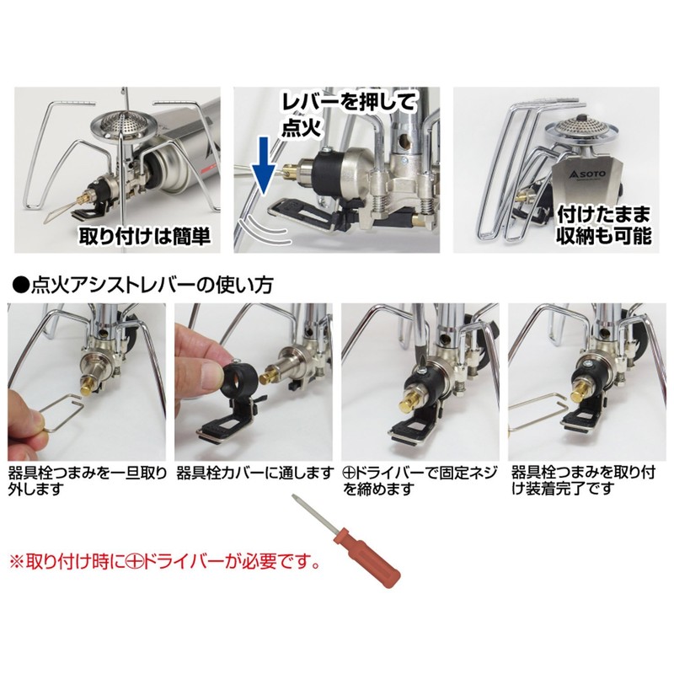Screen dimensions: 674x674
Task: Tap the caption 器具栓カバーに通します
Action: click(254, 473)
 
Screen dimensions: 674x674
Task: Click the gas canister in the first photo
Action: click(181, 147)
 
